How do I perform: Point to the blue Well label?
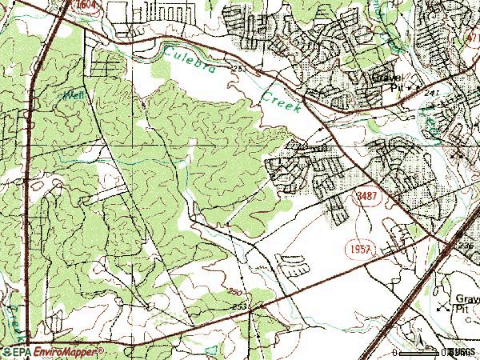(x=74, y=94)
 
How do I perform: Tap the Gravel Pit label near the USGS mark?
(x=462, y=299)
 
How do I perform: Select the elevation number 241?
(x=433, y=92)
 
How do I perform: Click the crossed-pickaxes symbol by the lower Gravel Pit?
(x=442, y=305)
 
